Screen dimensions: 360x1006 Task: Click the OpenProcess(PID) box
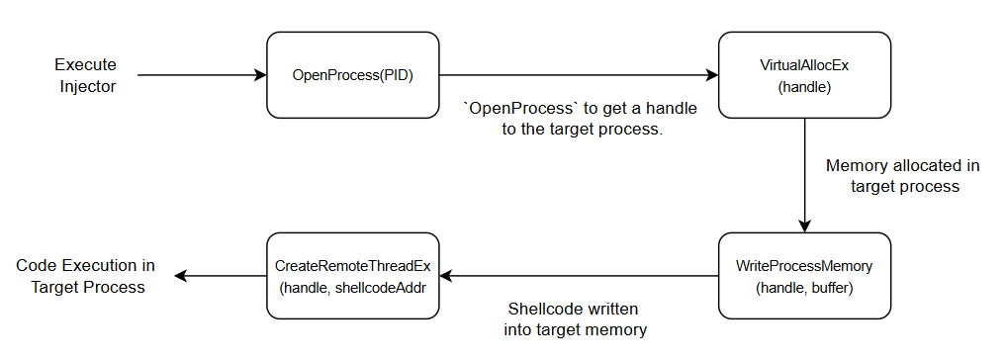point(352,75)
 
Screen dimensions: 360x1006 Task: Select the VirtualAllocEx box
point(803,75)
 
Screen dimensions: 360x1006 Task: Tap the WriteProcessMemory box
point(803,276)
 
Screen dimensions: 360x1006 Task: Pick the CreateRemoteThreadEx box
point(353,276)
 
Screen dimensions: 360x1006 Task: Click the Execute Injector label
point(85,75)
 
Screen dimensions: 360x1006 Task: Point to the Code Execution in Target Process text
point(85,276)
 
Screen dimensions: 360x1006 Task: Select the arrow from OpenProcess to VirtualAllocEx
point(578,75)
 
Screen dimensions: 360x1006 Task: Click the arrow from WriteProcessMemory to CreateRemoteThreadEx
point(578,276)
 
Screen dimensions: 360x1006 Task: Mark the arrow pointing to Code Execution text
point(218,276)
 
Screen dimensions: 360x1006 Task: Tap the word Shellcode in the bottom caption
point(545,308)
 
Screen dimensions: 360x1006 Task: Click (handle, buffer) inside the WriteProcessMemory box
point(803,288)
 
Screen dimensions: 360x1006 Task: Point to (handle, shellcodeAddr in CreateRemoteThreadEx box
point(353,288)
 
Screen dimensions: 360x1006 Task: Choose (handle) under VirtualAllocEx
point(803,87)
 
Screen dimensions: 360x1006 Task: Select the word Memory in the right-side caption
point(856,165)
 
